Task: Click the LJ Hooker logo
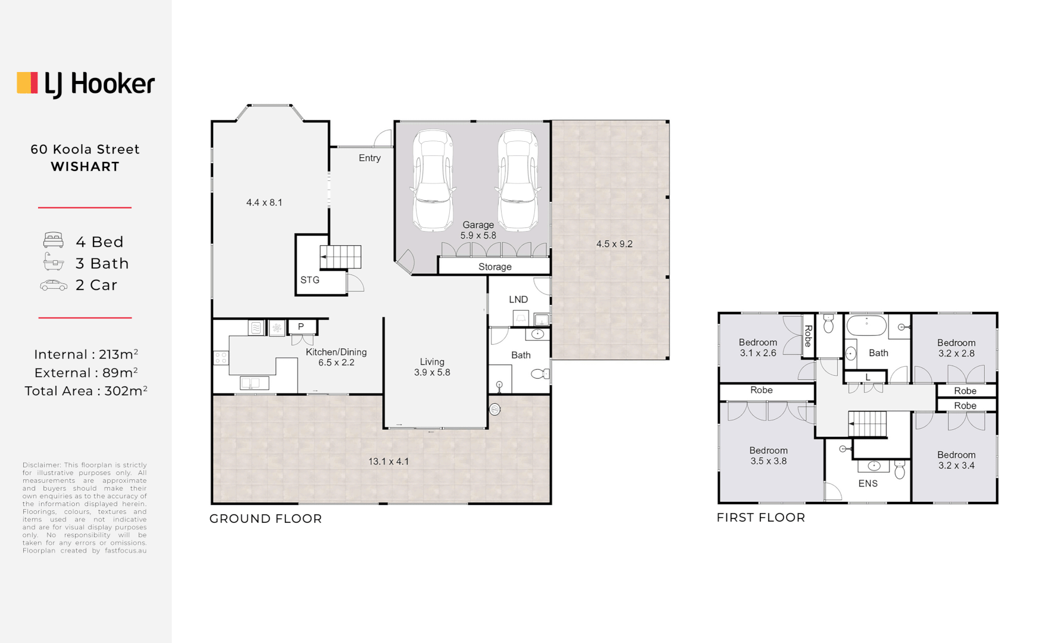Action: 86,84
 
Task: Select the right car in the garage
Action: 518,180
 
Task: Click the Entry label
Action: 370,158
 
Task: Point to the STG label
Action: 309,280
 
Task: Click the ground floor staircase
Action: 340,257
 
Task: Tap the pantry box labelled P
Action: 301,326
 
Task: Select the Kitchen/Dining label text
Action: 336,352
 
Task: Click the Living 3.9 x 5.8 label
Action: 432,367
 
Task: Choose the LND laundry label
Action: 518,299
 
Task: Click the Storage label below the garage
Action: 494,267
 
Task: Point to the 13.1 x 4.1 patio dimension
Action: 389,461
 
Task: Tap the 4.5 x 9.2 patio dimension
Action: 614,244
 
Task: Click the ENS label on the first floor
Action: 868,483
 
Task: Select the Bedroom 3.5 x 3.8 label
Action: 768,455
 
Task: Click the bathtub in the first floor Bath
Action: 866,326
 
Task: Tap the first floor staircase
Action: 868,424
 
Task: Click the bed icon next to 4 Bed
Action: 54,241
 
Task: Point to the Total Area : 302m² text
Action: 86,391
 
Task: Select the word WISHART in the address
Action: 85,167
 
